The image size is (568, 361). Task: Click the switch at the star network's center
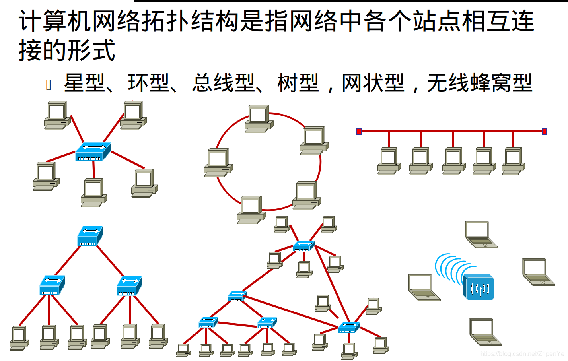[93, 151]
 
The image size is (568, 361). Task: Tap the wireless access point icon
[479, 287]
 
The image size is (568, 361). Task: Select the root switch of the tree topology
[90, 236]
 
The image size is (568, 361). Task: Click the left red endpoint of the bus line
[359, 132]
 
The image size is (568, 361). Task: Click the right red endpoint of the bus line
[544, 132]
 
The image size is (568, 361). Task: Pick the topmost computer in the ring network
[259, 119]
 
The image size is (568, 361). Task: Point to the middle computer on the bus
[453, 161]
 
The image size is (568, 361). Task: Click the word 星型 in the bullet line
[84, 83]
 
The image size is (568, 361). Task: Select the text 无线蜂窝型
[479, 83]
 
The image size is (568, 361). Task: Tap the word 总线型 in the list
[223, 83]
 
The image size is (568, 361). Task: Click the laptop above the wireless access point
[480, 235]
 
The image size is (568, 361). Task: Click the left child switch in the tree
[52, 285]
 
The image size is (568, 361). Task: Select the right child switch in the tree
[129, 285]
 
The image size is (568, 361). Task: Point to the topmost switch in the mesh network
[304, 246]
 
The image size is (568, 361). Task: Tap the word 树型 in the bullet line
[298, 83]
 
